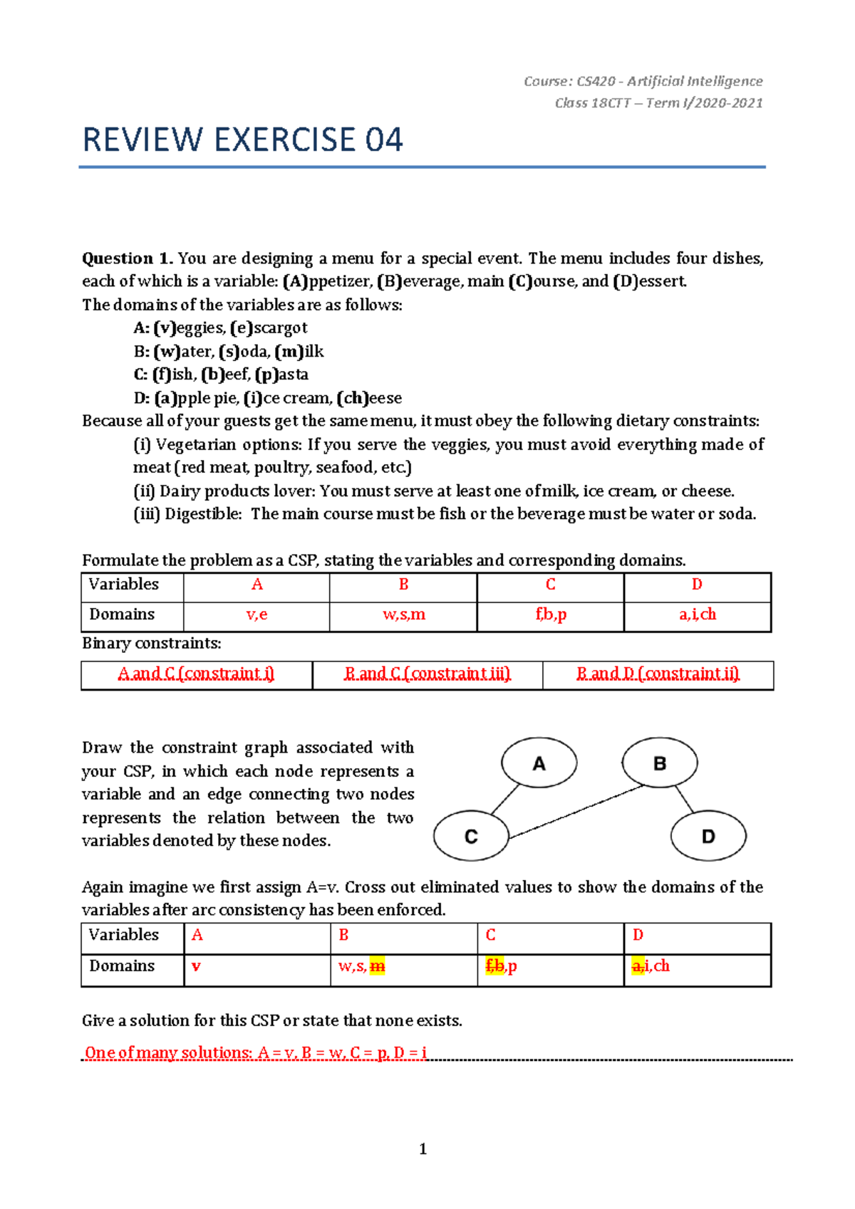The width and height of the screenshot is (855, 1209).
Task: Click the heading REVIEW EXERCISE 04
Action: [x=242, y=140]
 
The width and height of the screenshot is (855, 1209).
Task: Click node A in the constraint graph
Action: [x=539, y=763]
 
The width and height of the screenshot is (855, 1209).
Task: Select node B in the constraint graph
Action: [x=659, y=763]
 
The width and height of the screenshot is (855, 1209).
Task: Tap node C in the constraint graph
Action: [x=471, y=836]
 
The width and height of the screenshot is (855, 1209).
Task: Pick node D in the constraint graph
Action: [x=708, y=836]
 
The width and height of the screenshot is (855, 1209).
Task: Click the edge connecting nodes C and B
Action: [x=577, y=811]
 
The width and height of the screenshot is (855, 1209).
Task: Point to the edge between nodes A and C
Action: [x=505, y=799]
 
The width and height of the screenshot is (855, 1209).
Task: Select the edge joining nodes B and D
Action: [x=684, y=799]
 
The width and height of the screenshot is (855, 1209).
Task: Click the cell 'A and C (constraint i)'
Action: [x=196, y=674]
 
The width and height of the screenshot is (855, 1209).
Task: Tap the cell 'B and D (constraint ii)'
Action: [x=658, y=674]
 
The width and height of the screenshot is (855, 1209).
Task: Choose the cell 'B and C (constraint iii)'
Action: [x=427, y=674]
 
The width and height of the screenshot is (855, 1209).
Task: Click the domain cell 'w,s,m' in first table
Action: [x=403, y=614]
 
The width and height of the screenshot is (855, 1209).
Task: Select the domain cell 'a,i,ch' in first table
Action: [x=697, y=614]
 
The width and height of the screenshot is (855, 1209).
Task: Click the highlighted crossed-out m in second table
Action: [x=378, y=966]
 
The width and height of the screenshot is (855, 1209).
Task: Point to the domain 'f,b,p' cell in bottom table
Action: [x=501, y=966]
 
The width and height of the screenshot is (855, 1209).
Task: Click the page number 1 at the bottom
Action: [x=423, y=1148]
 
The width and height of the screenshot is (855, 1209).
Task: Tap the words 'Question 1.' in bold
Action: [x=128, y=258]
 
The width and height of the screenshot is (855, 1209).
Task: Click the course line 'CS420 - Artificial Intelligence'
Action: [x=643, y=81]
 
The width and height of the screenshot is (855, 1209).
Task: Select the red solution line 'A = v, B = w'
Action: [x=255, y=1052]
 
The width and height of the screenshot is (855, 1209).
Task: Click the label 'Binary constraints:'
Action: [x=151, y=644]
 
